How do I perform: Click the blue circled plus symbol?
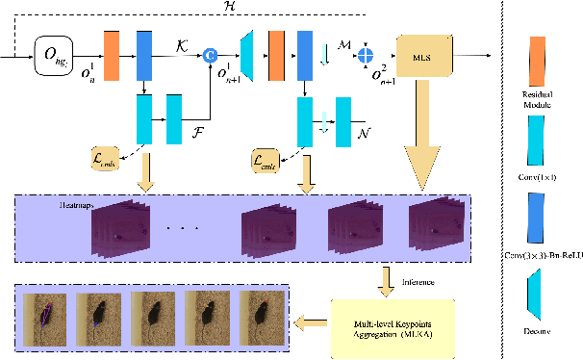pos(366,56)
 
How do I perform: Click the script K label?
pos(183,44)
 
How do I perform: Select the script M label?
pos(343,44)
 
